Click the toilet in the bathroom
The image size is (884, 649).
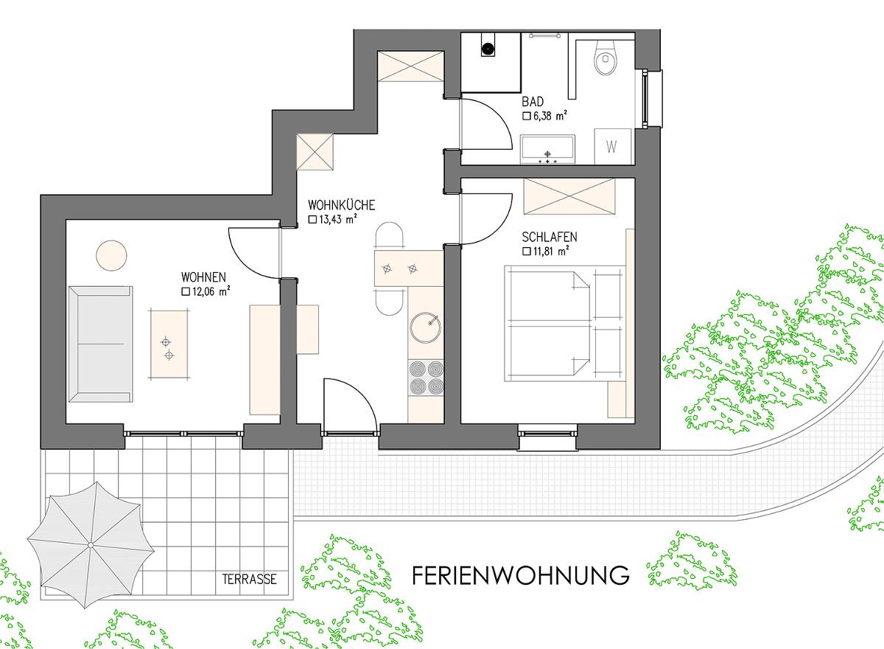[x=604, y=58]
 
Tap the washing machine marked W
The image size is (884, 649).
[x=613, y=146]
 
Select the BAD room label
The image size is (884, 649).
[x=533, y=102]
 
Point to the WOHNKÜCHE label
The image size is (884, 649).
[x=341, y=205]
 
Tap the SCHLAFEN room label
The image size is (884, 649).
[x=550, y=237]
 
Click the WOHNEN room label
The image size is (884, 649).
[x=203, y=277]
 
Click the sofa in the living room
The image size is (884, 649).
[x=101, y=344]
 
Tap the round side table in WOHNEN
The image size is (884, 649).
[x=112, y=256]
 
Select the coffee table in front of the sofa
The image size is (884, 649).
[x=169, y=344]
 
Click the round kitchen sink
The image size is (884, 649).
[x=426, y=327]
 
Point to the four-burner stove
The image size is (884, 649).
[x=426, y=378]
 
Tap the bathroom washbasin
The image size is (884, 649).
[x=547, y=149]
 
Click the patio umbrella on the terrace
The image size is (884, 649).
[x=91, y=545]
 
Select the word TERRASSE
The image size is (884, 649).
[x=250, y=579]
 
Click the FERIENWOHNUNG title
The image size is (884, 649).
[x=521, y=575]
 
